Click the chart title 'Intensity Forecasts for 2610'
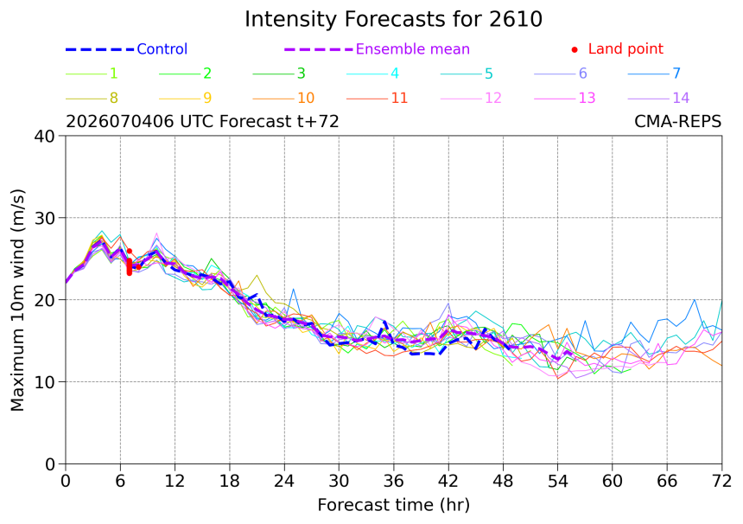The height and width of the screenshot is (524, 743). [393, 19]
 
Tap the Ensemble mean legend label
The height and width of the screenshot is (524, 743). [412, 48]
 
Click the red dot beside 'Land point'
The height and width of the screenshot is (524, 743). [575, 49]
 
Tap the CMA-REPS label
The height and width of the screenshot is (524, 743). [677, 121]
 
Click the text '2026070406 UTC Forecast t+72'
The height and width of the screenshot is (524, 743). [202, 121]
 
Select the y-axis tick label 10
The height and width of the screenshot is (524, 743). [45, 382]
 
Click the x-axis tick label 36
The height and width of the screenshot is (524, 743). [393, 482]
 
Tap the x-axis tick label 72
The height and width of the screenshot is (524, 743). [721, 482]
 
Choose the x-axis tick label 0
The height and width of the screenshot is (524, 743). [66, 482]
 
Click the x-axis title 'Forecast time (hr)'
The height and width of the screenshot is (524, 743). [393, 505]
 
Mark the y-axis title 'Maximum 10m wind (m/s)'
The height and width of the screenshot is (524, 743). [17, 300]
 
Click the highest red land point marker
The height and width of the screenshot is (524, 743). [130, 251]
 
